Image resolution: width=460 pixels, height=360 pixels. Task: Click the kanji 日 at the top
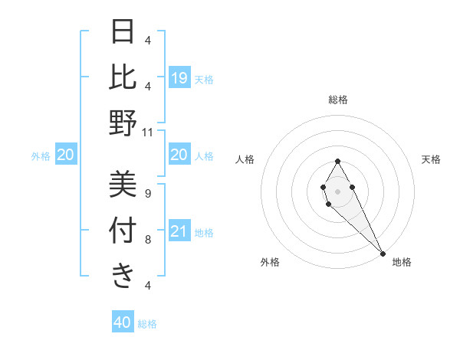tap(123, 32)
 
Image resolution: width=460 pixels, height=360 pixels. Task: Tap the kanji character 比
tap(123, 77)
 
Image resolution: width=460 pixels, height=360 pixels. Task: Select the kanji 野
tap(123, 123)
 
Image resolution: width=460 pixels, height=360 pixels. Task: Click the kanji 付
tap(123, 230)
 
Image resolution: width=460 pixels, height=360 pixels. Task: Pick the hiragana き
tap(123, 276)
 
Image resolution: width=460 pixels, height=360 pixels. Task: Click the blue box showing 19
tap(179, 78)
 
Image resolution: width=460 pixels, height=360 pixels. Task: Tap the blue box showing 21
tap(179, 232)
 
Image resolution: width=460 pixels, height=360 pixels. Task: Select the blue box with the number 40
tap(123, 322)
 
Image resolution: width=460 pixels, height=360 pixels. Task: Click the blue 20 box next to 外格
tap(65, 155)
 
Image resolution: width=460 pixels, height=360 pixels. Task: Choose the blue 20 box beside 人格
tap(179, 155)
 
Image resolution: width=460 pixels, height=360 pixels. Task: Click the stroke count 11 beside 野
tap(148, 132)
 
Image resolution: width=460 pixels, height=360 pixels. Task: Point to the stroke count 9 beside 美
tap(148, 193)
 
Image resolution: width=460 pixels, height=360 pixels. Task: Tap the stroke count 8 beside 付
tap(148, 240)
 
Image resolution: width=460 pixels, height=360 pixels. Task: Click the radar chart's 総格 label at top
tap(338, 100)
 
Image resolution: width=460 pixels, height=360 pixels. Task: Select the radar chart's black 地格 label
tap(402, 263)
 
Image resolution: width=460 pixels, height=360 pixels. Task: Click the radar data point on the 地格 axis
tap(383, 253)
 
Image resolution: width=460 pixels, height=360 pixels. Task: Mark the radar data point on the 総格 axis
tap(337, 161)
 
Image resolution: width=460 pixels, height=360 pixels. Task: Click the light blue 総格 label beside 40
tap(148, 324)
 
